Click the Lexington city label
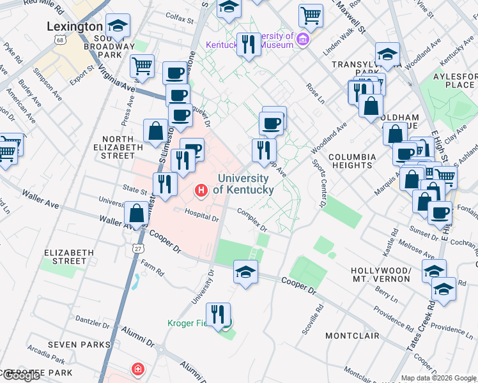(x=75, y=27)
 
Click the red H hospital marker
(x=202, y=190)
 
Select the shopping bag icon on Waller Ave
(x=137, y=214)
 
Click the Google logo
(x=20, y=376)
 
